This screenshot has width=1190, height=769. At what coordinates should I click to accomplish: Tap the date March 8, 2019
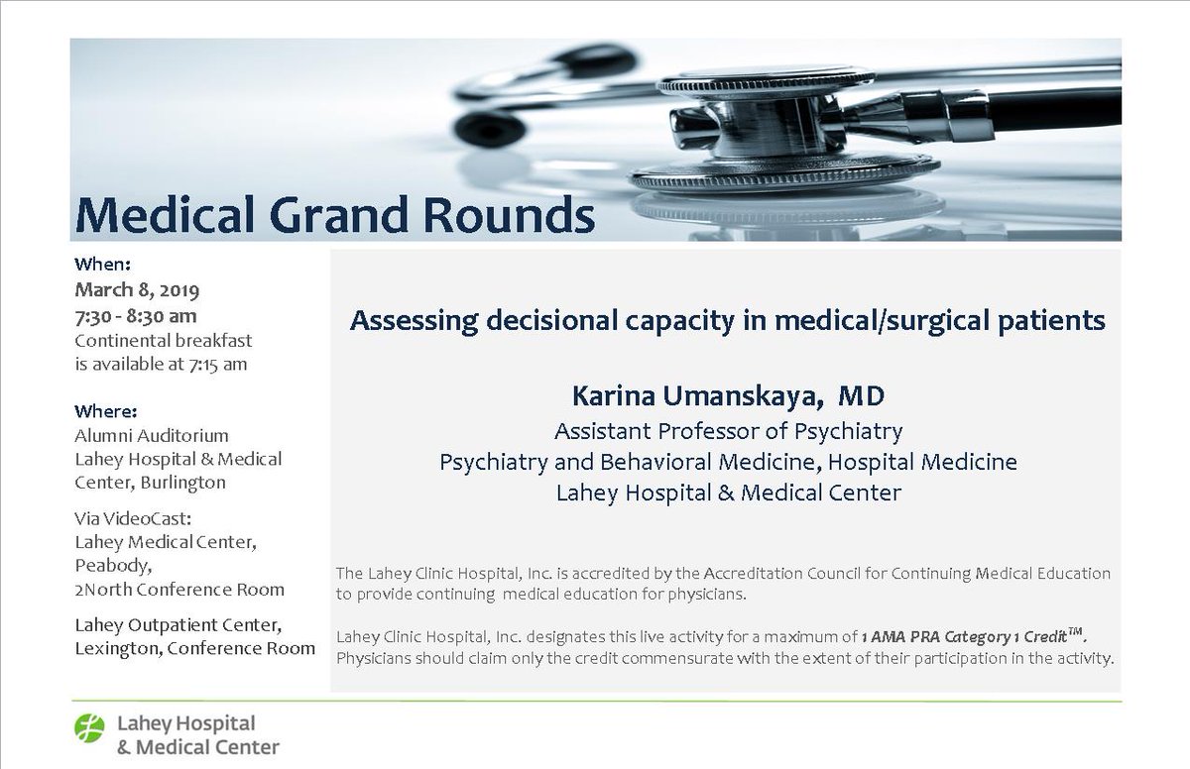click(138, 291)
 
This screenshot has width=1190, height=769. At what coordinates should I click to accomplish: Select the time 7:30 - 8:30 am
click(136, 316)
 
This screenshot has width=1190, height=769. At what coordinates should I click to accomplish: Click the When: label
click(103, 265)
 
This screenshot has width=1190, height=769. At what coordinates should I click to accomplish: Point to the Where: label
click(106, 410)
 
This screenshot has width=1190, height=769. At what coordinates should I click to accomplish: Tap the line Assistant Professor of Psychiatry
click(729, 431)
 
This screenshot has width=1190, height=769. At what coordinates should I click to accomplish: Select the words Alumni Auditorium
click(152, 435)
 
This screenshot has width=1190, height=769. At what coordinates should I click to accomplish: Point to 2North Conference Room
click(179, 589)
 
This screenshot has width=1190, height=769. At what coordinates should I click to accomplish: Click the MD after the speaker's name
click(861, 396)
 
